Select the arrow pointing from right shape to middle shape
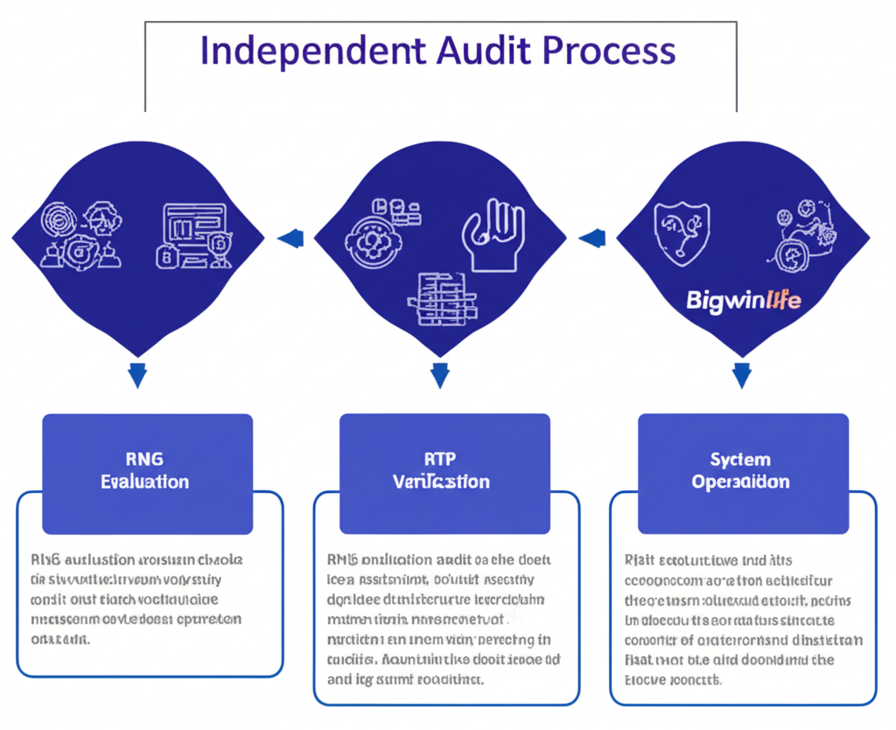pyautogui.click(x=592, y=237)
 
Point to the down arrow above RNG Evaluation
pyautogui.click(x=136, y=375)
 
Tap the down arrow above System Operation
pyautogui.click(x=742, y=375)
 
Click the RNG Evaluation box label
pyautogui.click(x=144, y=470)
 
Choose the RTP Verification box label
pyautogui.click(x=441, y=470)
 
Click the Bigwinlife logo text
pyautogui.click(x=744, y=302)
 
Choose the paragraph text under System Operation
pyautogui.click(x=742, y=619)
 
